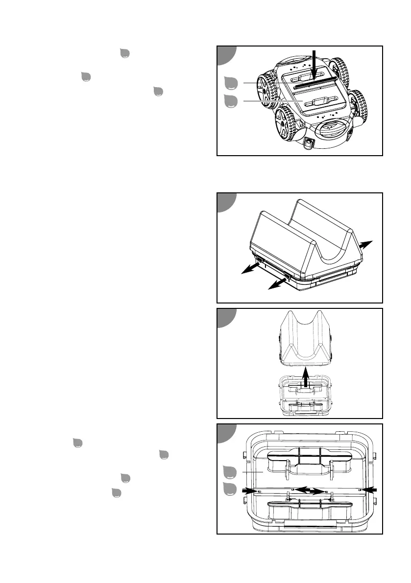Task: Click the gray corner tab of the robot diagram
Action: tap(226, 54)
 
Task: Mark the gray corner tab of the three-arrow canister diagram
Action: tap(226, 201)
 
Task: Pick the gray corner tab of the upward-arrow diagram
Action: tap(226, 317)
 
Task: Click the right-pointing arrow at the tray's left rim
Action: tap(250, 490)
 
